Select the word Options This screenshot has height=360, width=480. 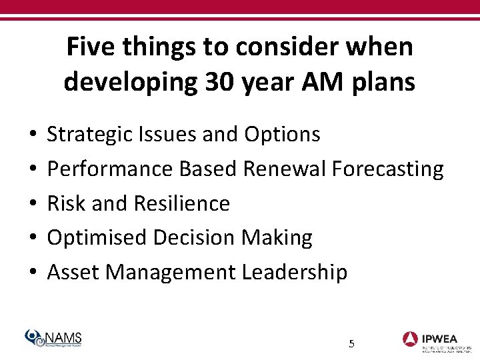tap(282, 135)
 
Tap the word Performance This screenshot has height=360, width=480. tap(109, 169)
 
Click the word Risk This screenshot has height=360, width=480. tap(67, 203)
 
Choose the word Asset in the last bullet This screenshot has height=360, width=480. tap(73, 273)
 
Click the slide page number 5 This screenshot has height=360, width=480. tap(351, 344)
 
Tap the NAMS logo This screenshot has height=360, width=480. tap(53, 339)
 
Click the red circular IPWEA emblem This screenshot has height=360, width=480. tap(410, 339)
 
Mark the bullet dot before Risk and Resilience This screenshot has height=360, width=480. tap(33, 204)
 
